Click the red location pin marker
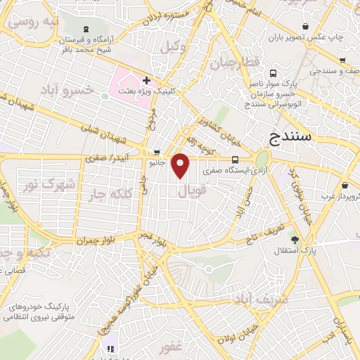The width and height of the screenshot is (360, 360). tap(181, 165)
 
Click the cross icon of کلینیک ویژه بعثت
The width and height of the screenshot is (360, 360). tap(146, 81)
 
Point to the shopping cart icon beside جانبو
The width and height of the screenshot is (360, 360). tap(157, 152)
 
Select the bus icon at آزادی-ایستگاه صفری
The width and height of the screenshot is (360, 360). tap(236, 159)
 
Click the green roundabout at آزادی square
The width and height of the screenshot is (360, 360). tap(262, 158)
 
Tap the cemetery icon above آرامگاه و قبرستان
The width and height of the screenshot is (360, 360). tap(86, 29)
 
